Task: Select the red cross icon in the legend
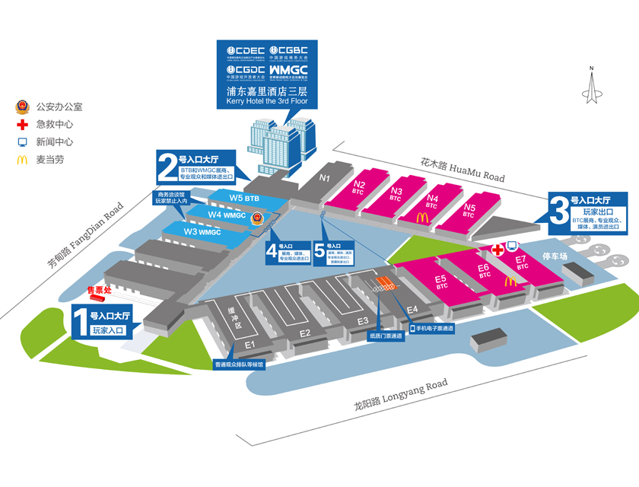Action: [22, 124]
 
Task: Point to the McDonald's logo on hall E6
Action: [510, 280]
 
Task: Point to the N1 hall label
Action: [325, 179]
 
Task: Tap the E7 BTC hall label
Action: [521, 263]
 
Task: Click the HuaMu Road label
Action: [463, 170]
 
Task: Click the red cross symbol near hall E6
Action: [498, 250]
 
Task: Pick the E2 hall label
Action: [305, 333]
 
